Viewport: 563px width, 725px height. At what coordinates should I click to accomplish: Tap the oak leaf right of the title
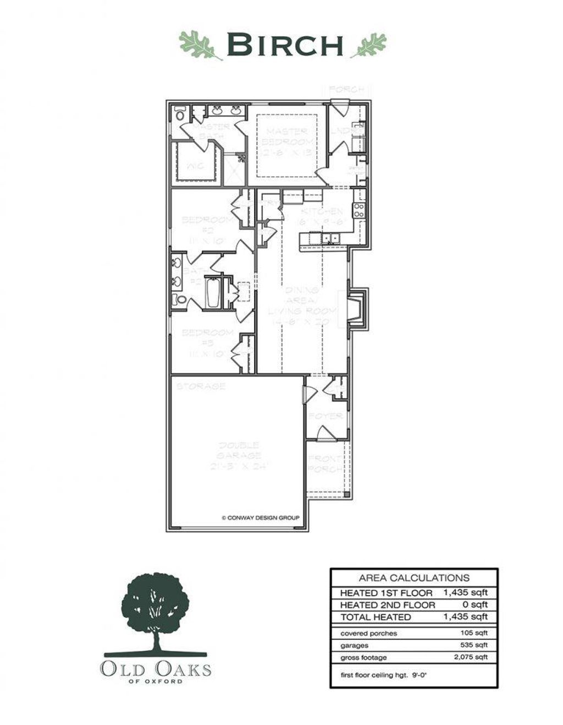coord(369,45)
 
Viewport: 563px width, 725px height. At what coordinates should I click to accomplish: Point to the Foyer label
coord(325,416)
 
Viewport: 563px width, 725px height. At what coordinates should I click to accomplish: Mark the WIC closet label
coord(195,166)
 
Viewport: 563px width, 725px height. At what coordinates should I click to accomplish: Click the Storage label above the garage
coord(201,386)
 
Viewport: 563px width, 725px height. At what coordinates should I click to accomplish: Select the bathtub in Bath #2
coord(213,293)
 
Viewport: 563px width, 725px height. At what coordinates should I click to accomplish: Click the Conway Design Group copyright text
coord(260,517)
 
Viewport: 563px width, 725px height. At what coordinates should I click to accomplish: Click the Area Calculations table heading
coord(414,577)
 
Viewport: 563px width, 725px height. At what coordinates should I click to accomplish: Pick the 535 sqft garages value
coord(473,645)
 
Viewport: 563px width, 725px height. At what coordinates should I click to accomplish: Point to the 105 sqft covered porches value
coord(473,633)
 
